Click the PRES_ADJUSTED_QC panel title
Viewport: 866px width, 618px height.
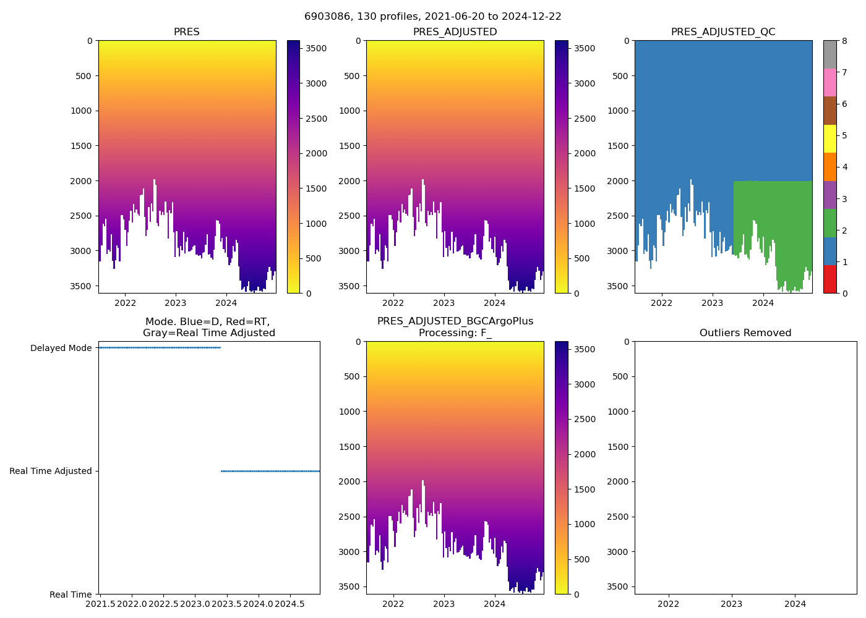pyautogui.click(x=723, y=32)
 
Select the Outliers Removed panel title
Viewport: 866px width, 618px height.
pyautogui.click(x=745, y=333)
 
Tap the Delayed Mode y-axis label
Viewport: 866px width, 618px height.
pyautogui.click(x=61, y=348)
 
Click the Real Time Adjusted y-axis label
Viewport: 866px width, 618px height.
pyautogui.click(x=51, y=471)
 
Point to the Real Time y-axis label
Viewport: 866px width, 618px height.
pyautogui.click(x=71, y=595)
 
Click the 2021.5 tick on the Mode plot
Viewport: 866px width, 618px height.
pyautogui.click(x=100, y=603)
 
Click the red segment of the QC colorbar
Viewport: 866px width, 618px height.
pyautogui.click(x=830, y=279)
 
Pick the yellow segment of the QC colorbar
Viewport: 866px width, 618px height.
pyautogui.click(x=830, y=138)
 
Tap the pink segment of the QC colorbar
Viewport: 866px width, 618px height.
pyautogui.click(x=830, y=82)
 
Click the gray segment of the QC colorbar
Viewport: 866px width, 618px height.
pyautogui.click(x=830, y=54)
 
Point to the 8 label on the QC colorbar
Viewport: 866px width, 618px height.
pyautogui.click(x=845, y=41)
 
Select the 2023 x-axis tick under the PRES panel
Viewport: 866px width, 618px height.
pyautogui.click(x=176, y=303)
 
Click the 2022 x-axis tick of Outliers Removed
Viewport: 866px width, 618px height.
pyautogui.click(x=668, y=604)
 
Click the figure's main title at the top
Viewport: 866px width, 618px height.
pyautogui.click(x=433, y=17)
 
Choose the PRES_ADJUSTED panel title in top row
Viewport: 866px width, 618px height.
pyautogui.click(x=455, y=32)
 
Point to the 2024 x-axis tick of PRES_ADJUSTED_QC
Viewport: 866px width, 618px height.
pyautogui.click(x=763, y=303)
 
